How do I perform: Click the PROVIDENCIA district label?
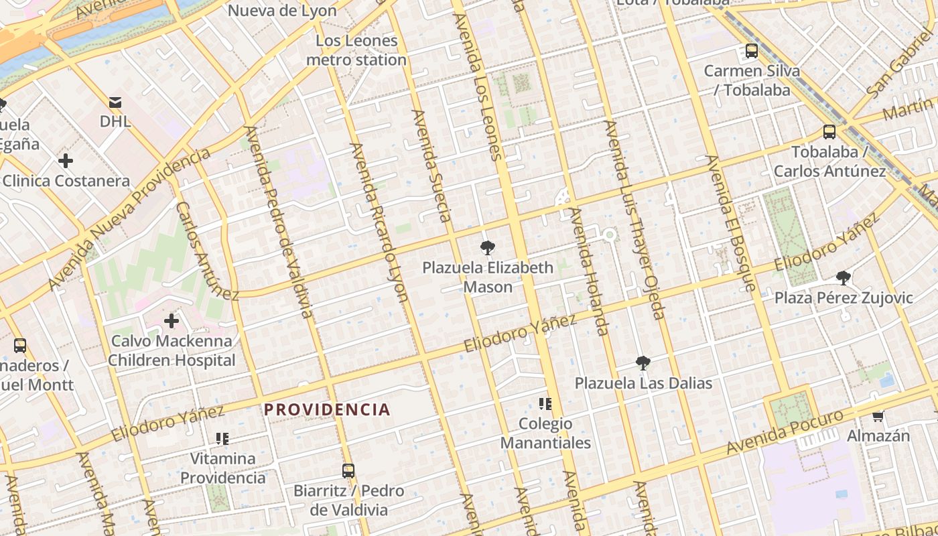click(327, 409)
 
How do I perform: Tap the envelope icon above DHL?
click(115, 103)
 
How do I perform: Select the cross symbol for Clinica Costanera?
click(66, 161)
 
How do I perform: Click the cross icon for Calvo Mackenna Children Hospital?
click(172, 321)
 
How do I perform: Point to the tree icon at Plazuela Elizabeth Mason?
click(487, 248)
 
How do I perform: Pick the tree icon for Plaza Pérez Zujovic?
click(844, 277)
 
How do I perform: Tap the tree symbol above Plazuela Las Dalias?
click(643, 363)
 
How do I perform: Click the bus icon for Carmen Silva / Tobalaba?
click(752, 51)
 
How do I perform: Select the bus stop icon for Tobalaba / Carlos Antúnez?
click(829, 132)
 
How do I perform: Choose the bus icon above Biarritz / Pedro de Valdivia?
click(348, 470)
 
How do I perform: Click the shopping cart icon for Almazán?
click(878, 416)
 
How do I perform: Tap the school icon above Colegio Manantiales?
click(545, 403)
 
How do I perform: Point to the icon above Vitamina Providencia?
click(222, 439)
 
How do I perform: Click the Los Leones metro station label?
click(356, 50)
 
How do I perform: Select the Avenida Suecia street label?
click(432, 166)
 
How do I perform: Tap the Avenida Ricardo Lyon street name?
click(379, 222)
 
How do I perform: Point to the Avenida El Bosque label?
click(731, 223)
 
